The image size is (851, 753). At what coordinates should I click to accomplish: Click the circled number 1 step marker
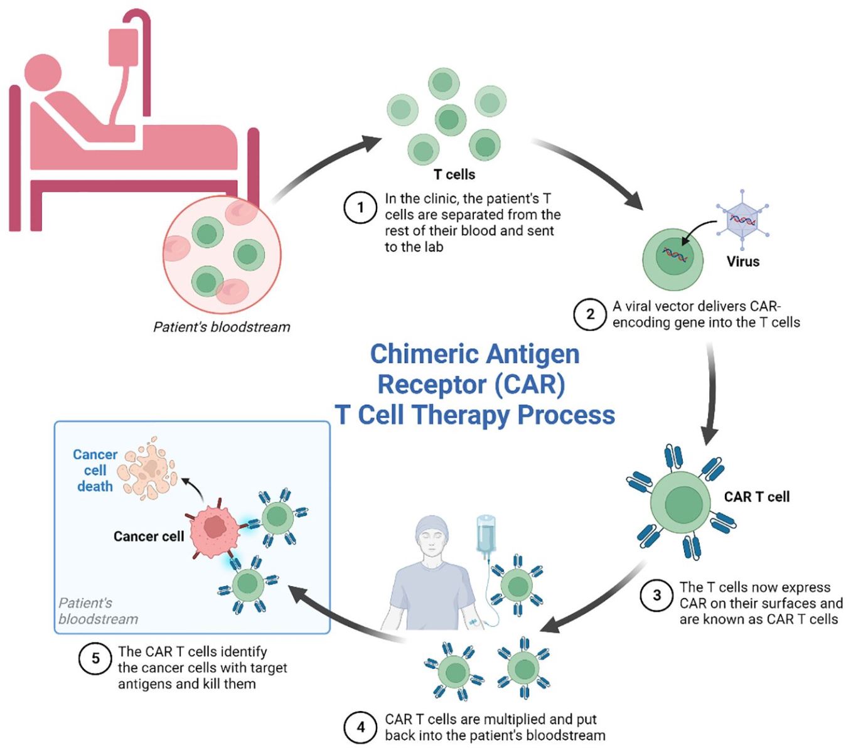point(360,207)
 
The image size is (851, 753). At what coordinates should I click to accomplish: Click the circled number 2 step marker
point(590,314)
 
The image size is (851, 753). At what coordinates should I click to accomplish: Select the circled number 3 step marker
point(656,595)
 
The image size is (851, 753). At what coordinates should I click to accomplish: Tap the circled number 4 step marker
point(360,727)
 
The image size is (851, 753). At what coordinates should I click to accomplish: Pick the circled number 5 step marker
point(95,659)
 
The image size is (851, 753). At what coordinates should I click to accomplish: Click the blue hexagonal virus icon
point(743,221)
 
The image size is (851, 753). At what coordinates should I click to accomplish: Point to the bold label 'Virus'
point(743,262)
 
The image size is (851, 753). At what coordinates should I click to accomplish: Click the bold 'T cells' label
point(454,174)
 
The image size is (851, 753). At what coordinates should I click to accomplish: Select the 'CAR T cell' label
point(757,497)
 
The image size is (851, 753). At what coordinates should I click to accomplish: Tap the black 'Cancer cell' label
point(149,537)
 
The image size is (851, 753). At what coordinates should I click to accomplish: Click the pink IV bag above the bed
point(123,47)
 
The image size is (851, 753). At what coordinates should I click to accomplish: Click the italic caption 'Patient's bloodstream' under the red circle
point(222,327)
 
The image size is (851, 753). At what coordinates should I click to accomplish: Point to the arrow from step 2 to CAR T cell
point(710,395)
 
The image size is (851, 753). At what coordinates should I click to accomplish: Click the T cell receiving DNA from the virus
point(673,259)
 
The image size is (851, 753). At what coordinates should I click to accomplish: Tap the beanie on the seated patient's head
point(433,525)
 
